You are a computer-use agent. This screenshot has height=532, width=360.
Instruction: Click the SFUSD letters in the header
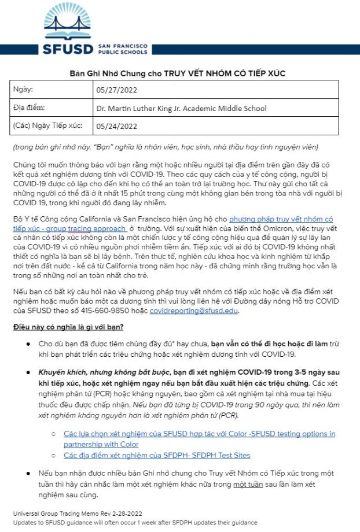click(x=68, y=49)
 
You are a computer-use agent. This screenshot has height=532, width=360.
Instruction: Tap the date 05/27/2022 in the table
click(x=117, y=90)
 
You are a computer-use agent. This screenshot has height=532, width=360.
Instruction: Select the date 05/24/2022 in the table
click(x=117, y=126)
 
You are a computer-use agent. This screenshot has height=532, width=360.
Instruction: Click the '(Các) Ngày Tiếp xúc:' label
click(x=47, y=125)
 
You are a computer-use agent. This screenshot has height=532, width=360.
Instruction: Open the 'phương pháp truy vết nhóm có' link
click(x=281, y=219)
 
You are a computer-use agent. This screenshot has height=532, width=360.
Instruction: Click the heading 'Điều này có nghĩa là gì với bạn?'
click(x=68, y=327)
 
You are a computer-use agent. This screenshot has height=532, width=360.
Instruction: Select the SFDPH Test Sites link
click(x=157, y=455)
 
